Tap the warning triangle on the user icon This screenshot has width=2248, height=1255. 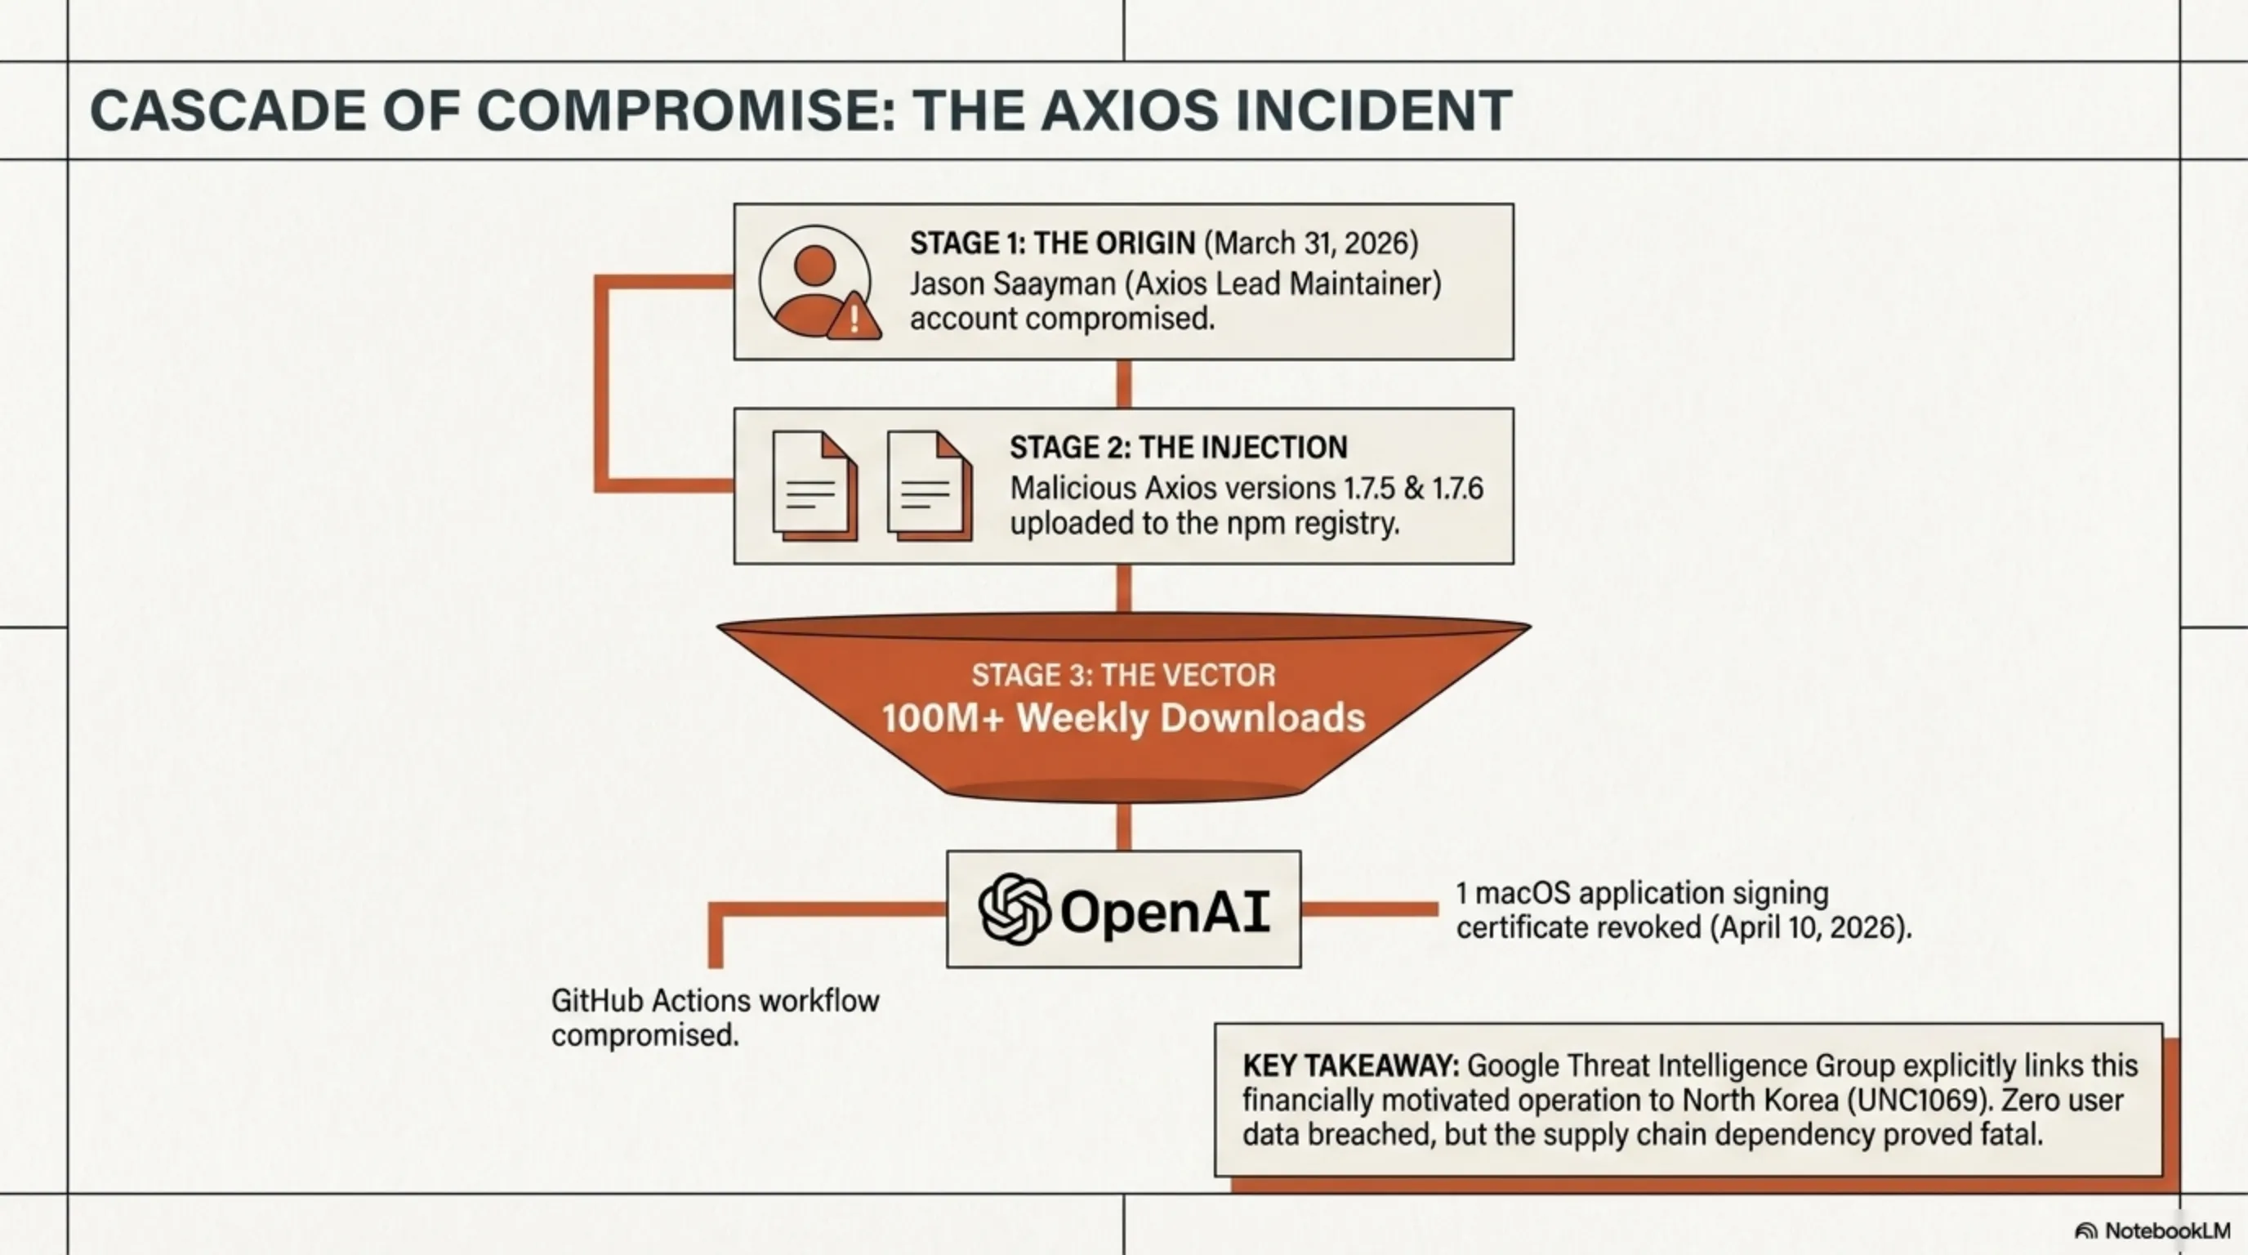854,318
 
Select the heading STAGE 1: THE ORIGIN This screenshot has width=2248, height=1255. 1051,243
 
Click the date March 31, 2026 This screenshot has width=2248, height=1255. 1311,243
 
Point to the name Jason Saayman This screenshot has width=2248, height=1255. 1001,284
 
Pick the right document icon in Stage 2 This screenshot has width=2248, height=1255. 928,485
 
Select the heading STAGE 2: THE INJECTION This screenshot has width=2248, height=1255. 1178,448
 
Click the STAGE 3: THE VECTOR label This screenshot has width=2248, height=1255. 1123,675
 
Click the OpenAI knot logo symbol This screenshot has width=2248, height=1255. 1013,909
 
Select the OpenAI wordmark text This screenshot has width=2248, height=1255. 1164,911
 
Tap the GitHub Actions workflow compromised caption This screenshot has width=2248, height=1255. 715,1017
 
